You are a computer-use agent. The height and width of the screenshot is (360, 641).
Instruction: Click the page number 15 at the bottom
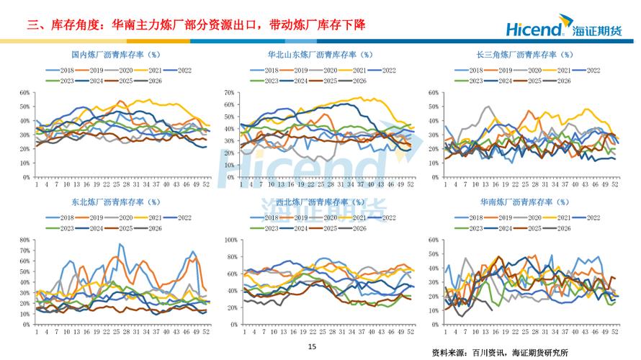point(312,347)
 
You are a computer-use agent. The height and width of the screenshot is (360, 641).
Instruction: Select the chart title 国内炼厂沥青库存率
point(116,55)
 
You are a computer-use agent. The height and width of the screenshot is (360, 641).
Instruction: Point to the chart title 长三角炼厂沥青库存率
point(524,55)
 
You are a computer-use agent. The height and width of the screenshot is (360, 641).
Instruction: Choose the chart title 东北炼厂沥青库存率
point(116,202)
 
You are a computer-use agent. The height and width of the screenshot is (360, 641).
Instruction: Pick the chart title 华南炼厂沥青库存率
point(524,202)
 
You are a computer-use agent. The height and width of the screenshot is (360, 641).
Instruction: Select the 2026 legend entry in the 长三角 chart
point(559,81)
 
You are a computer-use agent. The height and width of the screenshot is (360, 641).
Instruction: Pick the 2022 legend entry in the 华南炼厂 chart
point(588,217)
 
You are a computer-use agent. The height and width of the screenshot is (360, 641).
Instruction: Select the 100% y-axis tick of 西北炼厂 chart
point(230,240)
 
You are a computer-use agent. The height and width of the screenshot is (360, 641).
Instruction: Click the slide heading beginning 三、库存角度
point(196,25)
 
